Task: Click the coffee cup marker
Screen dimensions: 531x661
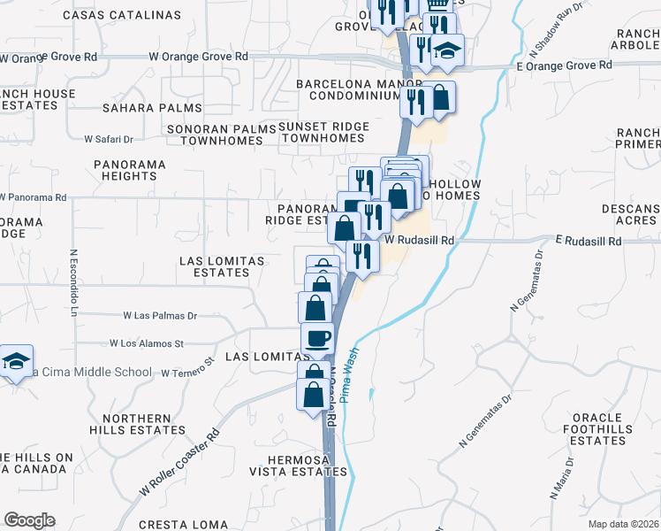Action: click(x=317, y=337)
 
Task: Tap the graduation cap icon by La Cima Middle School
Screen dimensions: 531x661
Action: click(x=17, y=361)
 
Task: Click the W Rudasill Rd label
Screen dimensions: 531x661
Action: click(x=420, y=240)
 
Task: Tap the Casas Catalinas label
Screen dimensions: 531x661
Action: click(x=123, y=15)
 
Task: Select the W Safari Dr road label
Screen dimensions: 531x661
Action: click(x=108, y=139)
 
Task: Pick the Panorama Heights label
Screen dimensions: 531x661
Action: click(x=129, y=170)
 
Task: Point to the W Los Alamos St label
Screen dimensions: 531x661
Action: click(x=146, y=342)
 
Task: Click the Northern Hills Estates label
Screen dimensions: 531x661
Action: click(x=144, y=424)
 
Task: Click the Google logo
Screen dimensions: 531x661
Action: click(x=29, y=519)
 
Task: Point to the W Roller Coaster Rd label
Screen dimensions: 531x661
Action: click(x=179, y=465)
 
